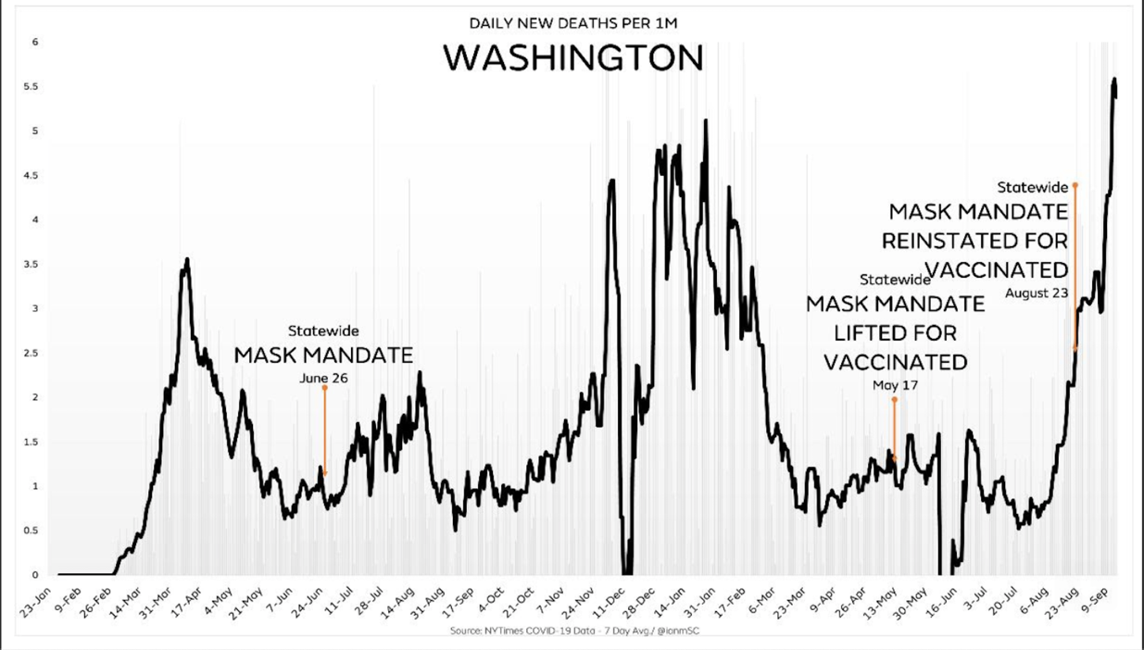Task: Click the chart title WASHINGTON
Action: (572, 58)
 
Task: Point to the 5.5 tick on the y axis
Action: (34, 87)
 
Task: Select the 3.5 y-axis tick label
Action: (34, 265)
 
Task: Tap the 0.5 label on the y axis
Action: (34, 531)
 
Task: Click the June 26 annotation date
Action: (323, 378)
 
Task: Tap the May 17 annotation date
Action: (895, 385)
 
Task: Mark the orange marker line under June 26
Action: (324, 431)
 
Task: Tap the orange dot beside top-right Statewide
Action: (1075, 185)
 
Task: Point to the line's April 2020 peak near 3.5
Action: (187, 261)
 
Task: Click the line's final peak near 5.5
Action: (1113, 81)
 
